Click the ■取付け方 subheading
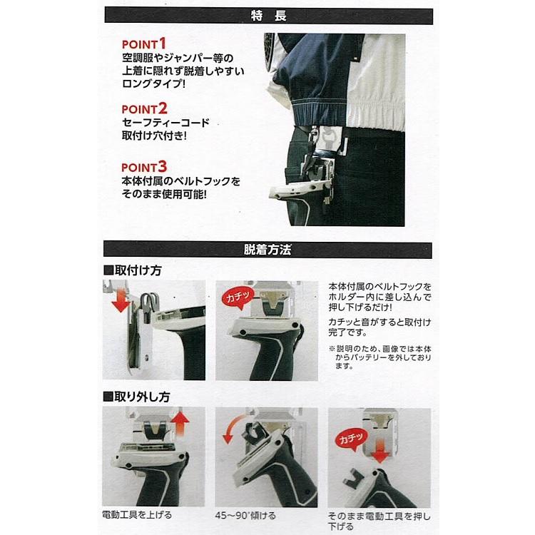tap(133, 272)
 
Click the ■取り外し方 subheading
tap(138, 397)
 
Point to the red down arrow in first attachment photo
tap(121, 300)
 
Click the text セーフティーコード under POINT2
tap(165, 123)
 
